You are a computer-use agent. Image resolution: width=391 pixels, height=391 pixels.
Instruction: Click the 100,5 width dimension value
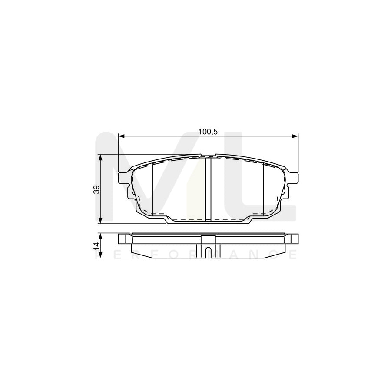coord(208,132)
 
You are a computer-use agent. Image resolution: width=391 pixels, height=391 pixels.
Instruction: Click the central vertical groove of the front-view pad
coord(208,189)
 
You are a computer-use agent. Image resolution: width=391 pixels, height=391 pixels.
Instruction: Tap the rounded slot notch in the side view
coord(208,252)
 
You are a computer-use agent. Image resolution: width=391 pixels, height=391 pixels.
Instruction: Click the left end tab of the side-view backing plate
coord(124,239)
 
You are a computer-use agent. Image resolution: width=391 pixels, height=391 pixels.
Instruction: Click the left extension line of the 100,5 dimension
coord(119,152)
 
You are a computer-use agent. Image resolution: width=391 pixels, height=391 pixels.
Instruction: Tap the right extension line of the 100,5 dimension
coord(298,152)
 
